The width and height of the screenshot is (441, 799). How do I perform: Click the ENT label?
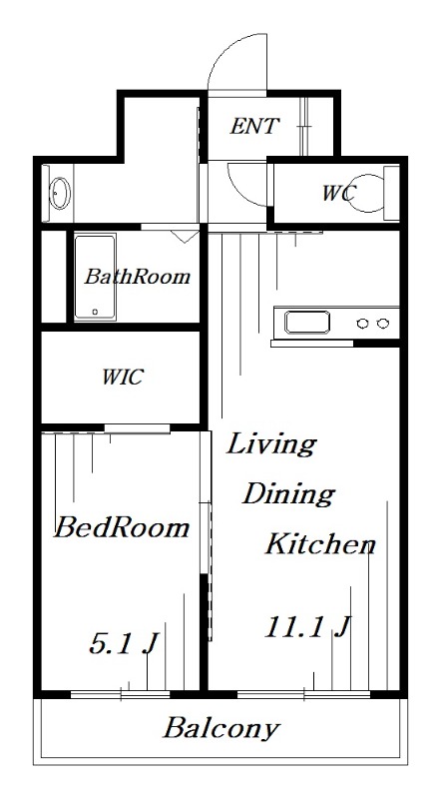[x=254, y=126]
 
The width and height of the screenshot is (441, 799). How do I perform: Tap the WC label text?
[x=338, y=193]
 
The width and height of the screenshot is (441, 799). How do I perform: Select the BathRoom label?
[x=137, y=277]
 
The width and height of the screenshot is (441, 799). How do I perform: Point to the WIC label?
[x=123, y=378]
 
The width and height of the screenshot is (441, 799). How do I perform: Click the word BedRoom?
[x=121, y=528]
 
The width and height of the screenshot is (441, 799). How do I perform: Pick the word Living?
[x=271, y=445]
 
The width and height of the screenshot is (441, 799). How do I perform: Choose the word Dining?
[x=288, y=494]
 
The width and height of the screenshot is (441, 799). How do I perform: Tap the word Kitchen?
[x=321, y=543]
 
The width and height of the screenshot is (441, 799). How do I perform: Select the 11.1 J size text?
[x=307, y=627]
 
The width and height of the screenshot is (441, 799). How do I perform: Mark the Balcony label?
[x=221, y=729]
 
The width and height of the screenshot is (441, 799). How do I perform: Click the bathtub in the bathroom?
[x=95, y=278]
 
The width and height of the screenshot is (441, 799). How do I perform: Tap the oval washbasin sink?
[x=59, y=192]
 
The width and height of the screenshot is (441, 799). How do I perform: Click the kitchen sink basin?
[x=307, y=322]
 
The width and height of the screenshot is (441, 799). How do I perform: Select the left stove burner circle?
[x=362, y=323]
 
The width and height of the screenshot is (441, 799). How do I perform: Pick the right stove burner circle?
[x=382, y=323]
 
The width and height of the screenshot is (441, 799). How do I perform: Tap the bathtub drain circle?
[x=95, y=312]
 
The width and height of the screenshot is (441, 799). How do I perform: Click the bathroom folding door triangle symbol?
[x=185, y=236]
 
